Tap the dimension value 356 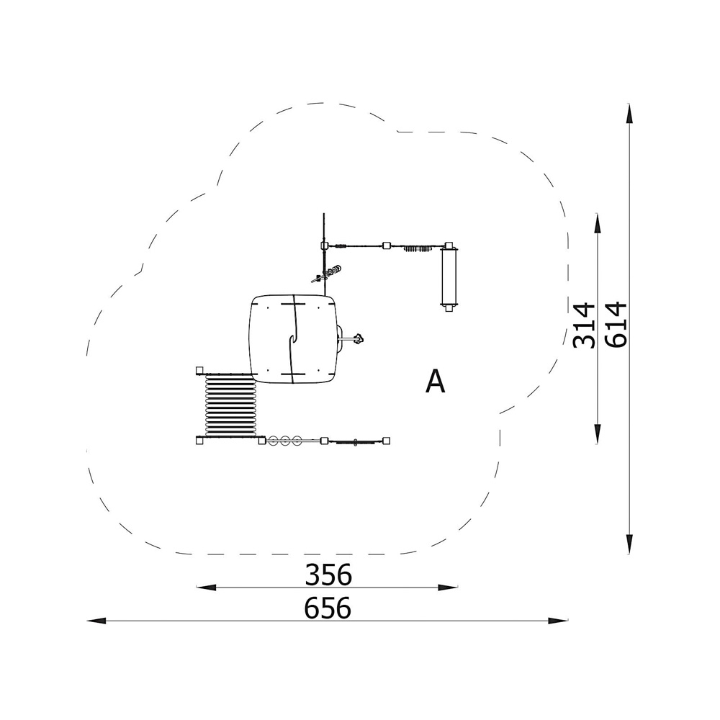328,574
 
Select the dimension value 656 328,608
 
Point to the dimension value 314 584,325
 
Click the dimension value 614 616,324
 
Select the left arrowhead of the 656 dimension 97,621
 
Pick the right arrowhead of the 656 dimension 558,621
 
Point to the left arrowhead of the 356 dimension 206,587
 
